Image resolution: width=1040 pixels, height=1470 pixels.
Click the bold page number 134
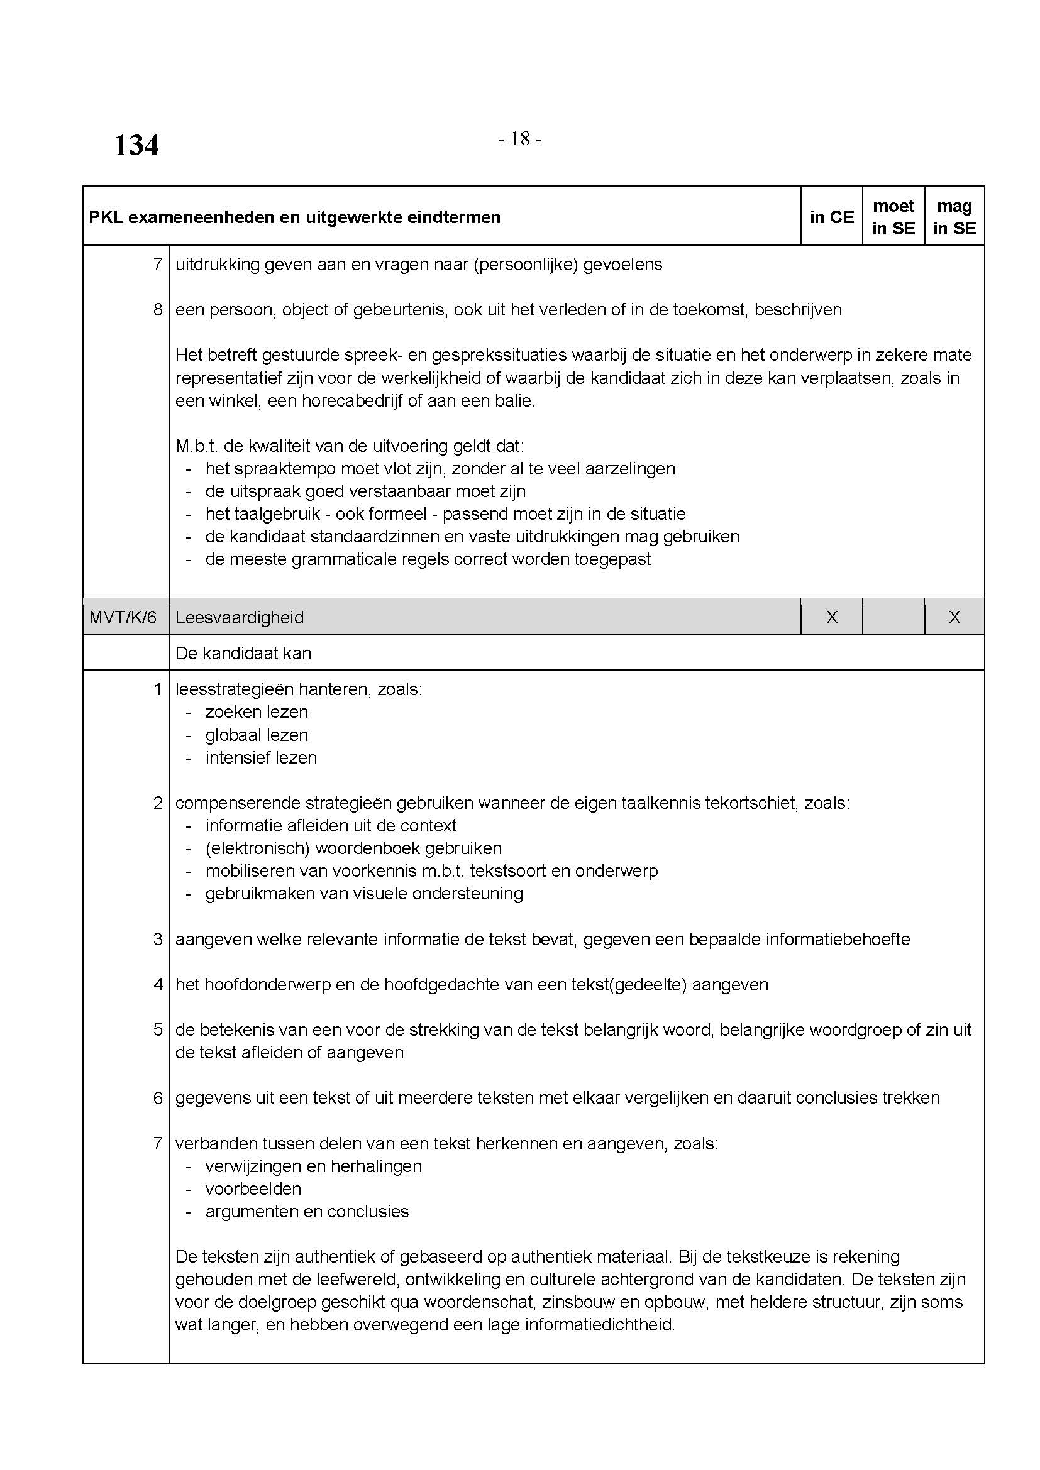click(x=136, y=146)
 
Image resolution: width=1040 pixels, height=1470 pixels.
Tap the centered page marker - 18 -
click(x=519, y=139)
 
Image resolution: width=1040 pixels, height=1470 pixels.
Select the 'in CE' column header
click(x=831, y=217)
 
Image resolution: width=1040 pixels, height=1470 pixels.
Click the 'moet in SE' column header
click(x=893, y=217)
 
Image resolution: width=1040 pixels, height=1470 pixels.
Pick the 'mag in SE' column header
click(x=954, y=217)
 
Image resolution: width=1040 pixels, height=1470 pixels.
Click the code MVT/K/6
click(x=123, y=617)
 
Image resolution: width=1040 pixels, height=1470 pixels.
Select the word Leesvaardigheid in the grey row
click(x=240, y=617)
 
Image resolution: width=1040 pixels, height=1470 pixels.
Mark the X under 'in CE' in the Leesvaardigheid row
click(x=831, y=617)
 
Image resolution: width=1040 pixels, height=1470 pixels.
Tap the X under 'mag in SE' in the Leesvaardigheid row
click(x=954, y=617)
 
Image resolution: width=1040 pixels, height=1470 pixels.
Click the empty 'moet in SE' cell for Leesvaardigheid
click(x=893, y=617)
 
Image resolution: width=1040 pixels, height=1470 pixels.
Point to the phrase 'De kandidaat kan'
click(x=243, y=653)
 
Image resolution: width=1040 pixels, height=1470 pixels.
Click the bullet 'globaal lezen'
click(x=257, y=735)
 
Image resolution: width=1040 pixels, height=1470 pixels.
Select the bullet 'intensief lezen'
click(x=262, y=758)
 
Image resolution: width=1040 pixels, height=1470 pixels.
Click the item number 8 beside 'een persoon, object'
click(x=158, y=310)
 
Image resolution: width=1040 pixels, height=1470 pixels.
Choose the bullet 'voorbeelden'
click(x=253, y=1189)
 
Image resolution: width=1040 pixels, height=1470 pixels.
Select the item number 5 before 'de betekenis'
click(x=158, y=1030)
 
